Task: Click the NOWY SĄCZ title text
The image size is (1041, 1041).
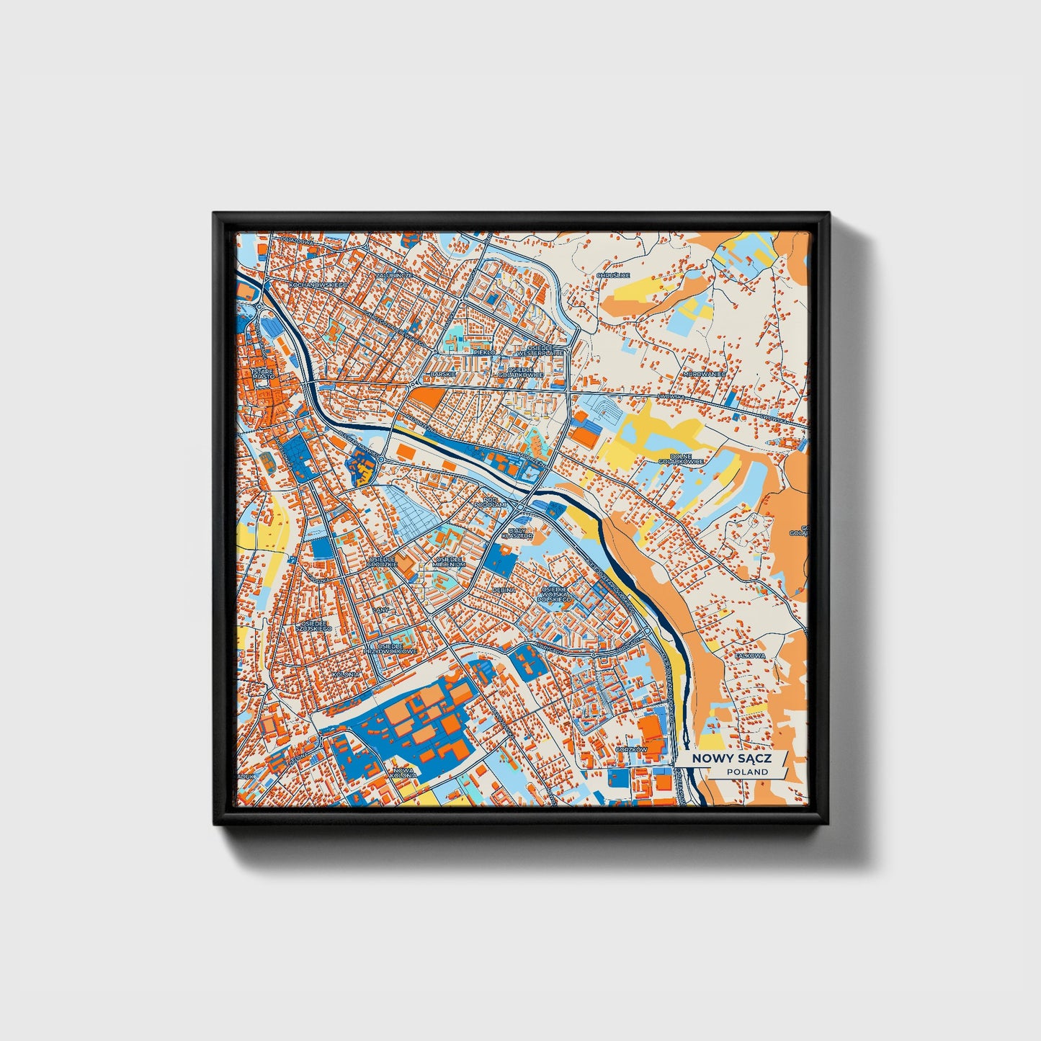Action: point(731,759)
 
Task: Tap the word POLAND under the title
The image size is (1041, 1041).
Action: point(747,772)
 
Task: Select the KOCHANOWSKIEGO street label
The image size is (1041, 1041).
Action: point(318,285)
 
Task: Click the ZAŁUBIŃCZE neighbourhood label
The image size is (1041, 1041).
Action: point(394,275)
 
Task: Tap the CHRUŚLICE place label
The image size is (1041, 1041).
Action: point(613,275)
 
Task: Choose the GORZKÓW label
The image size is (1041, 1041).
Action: point(632,749)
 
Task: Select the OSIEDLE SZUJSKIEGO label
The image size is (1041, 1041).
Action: point(316,625)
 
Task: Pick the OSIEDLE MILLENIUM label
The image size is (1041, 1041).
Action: point(450,562)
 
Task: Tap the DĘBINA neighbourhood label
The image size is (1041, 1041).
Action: point(504,589)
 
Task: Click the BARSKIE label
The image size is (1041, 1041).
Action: point(442,374)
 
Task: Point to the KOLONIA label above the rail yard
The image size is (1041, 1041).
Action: point(347,674)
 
